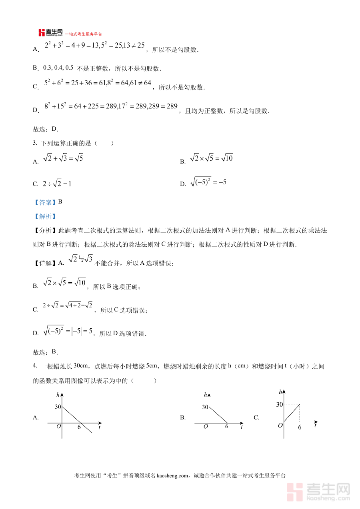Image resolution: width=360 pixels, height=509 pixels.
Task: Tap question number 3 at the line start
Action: coord(35,143)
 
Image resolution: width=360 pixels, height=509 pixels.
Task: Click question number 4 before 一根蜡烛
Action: coord(35,366)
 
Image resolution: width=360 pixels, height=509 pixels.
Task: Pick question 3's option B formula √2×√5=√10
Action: coord(211,158)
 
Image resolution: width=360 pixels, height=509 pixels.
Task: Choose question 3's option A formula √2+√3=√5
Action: coord(63,158)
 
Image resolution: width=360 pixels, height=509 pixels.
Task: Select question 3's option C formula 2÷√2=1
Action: coord(57,184)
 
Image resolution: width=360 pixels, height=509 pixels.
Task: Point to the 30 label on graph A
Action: coord(58,407)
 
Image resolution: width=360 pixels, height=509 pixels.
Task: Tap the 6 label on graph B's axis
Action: coord(226,427)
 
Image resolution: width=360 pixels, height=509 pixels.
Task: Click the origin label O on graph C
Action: coord(280,425)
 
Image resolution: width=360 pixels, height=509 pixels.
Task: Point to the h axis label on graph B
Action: coord(206,395)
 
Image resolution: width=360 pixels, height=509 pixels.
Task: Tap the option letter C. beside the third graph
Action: coord(256,417)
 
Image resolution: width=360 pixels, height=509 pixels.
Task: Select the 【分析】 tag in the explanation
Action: coord(45,231)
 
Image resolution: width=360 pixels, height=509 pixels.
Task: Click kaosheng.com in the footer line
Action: coord(174,475)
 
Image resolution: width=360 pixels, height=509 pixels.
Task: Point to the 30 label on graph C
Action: coord(280,405)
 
